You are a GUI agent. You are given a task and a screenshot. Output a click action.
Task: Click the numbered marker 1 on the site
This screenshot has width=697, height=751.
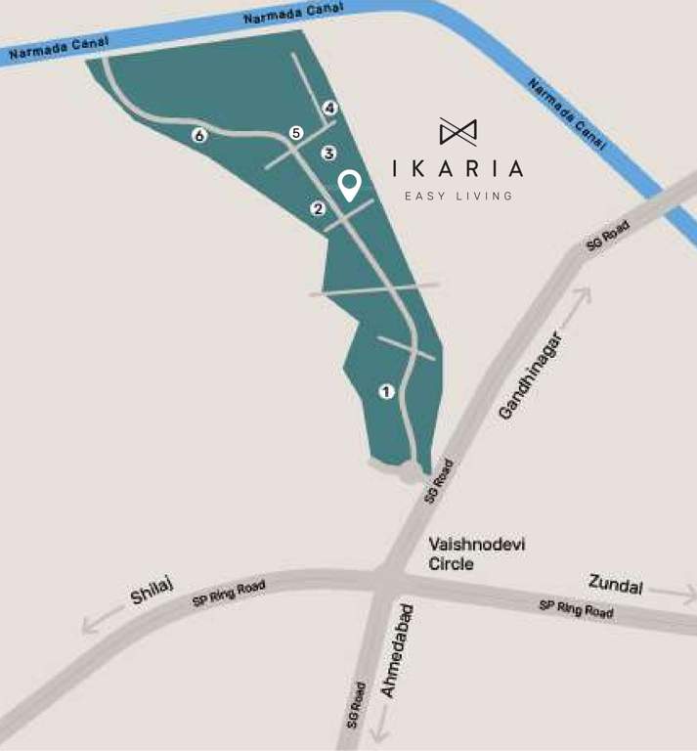point(386,392)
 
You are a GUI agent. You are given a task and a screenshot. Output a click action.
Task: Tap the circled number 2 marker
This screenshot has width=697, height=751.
point(318,208)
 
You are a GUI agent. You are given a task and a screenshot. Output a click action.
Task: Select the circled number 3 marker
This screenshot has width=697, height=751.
point(329,154)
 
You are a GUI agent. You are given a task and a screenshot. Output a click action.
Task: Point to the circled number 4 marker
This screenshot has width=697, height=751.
point(330,108)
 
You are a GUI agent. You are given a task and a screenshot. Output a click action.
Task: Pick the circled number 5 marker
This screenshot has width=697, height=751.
point(297,133)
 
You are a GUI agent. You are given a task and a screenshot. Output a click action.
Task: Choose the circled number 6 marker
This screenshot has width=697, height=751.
point(199,136)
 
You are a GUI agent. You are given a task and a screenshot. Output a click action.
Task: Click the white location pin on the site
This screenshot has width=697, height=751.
point(349,185)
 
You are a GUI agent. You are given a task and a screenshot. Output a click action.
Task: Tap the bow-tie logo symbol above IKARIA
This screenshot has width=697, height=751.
point(457,131)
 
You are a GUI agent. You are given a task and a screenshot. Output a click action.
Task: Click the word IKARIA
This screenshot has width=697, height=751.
point(457,168)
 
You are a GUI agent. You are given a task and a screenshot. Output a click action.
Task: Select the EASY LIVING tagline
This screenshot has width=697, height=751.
point(458,196)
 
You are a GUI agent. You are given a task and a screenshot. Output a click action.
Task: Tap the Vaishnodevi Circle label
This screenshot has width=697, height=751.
point(463,553)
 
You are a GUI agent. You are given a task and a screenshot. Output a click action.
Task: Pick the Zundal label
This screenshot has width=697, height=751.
point(616,585)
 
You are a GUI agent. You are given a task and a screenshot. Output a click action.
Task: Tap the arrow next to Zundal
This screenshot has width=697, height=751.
point(672,593)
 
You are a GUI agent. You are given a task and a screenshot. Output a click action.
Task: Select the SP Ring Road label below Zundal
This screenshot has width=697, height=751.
point(577,609)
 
